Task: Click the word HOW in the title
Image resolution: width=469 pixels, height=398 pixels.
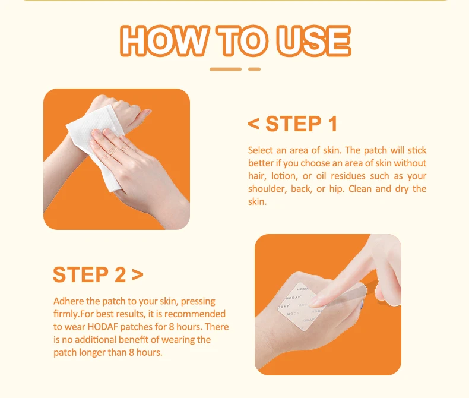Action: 165,40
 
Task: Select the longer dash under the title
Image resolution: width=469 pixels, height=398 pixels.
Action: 226,69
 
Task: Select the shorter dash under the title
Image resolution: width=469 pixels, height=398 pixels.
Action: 254,69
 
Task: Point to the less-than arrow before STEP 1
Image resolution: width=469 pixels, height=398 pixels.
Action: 253,124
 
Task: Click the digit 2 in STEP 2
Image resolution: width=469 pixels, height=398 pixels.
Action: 121,274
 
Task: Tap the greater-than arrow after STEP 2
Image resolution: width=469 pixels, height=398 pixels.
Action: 138,274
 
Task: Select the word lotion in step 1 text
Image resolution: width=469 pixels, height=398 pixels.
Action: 284,176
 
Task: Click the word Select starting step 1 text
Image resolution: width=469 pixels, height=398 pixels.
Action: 260,150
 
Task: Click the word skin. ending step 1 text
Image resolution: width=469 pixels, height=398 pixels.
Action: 257,202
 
